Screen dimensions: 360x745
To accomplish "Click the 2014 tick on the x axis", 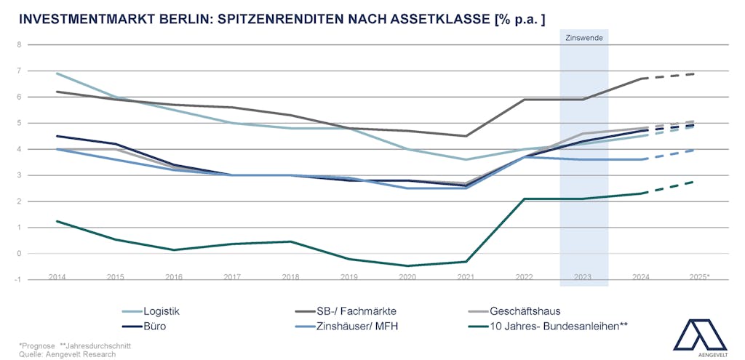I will (x=57, y=277).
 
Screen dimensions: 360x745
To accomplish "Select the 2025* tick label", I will (x=699, y=277).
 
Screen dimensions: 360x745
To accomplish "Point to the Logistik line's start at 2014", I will (x=57, y=73).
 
